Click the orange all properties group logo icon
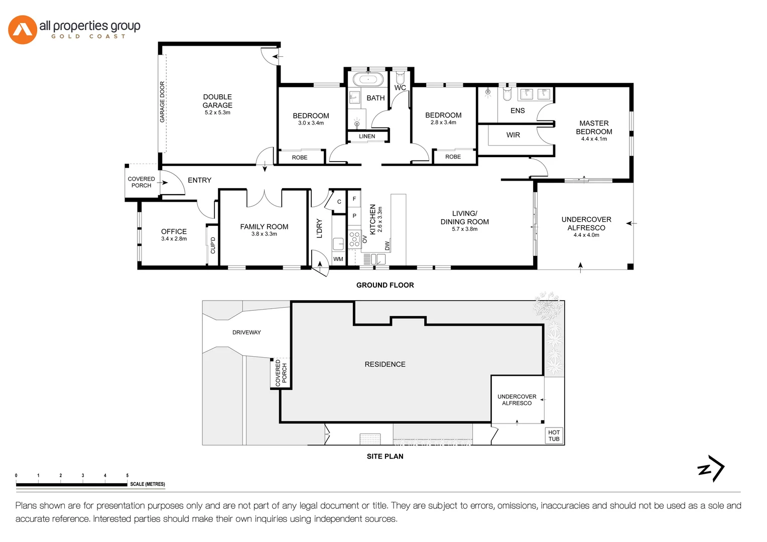[x=23, y=30]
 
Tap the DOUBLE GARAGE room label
[x=217, y=101]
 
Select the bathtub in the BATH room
[x=368, y=79]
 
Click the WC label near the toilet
[x=400, y=88]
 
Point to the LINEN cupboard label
[x=367, y=137]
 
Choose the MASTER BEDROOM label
[x=594, y=127]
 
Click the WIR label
[x=513, y=135]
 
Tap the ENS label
[x=518, y=111]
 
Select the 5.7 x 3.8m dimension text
[x=464, y=229]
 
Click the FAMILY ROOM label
[x=264, y=227]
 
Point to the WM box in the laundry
[x=338, y=259]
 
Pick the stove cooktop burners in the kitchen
[x=354, y=239]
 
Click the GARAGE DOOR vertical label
[x=162, y=102]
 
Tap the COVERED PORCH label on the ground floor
[x=141, y=182]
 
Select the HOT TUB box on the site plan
[x=554, y=436]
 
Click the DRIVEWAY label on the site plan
[x=246, y=332]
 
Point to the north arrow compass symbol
[x=711, y=469]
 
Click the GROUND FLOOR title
[x=385, y=285]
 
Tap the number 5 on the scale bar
[x=127, y=475]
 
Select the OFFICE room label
[x=174, y=231]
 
